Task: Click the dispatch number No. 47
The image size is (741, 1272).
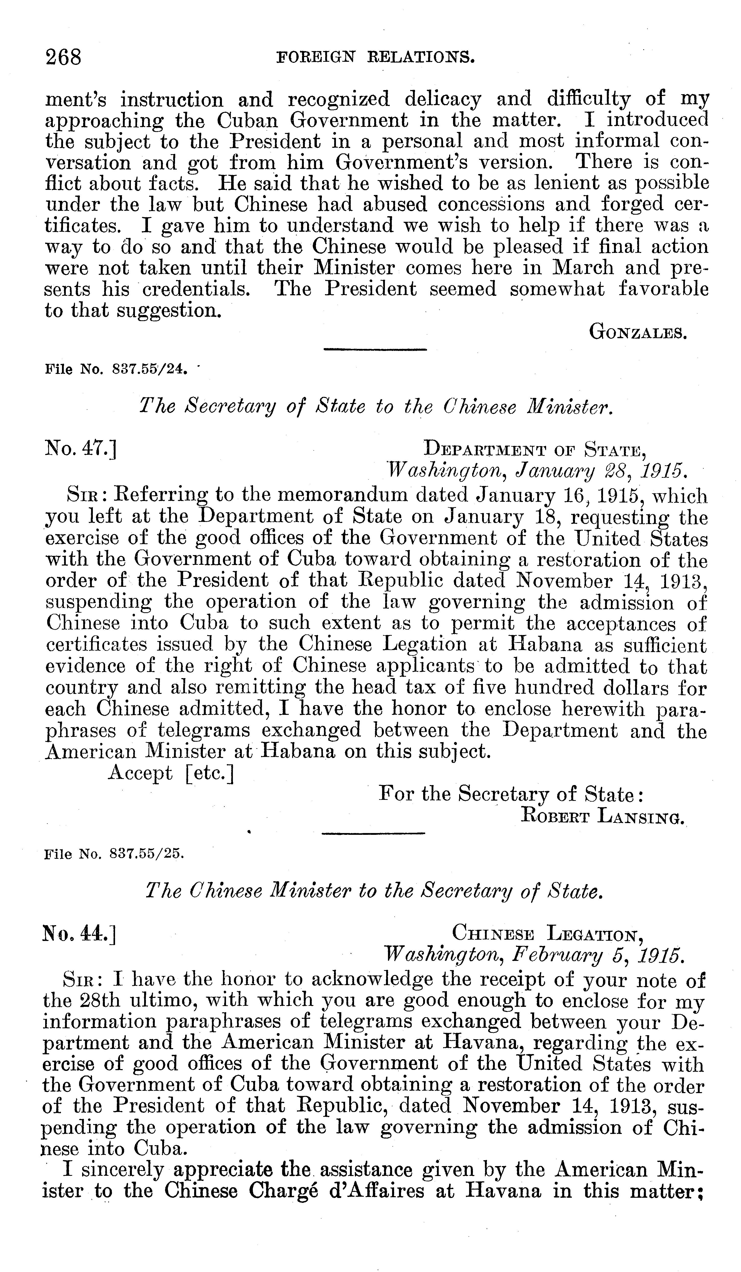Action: tap(81, 448)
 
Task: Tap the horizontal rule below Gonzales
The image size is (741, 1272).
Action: tap(375, 349)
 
